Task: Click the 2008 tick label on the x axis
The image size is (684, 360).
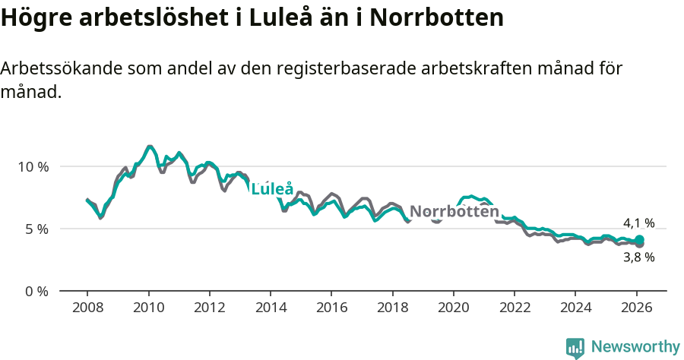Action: (87, 308)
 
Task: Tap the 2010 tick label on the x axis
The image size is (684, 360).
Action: (148, 308)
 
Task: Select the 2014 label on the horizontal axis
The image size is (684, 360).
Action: (271, 308)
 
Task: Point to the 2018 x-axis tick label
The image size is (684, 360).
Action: (392, 308)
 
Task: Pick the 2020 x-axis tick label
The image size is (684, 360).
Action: (454, 308)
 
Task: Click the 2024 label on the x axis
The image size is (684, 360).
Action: (575, 308)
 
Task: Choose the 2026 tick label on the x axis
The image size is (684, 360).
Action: (637, 308)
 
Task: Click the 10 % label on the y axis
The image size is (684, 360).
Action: (32, 166)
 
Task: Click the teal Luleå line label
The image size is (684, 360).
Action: (272, 189)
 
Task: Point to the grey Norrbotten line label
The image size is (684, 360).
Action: (454, 211)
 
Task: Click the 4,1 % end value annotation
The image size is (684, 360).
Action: (638, 223)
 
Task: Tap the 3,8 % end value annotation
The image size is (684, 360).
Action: (638, 257)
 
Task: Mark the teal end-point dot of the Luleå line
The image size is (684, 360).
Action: (639, 240)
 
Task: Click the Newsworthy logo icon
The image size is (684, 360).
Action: (575, 347)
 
